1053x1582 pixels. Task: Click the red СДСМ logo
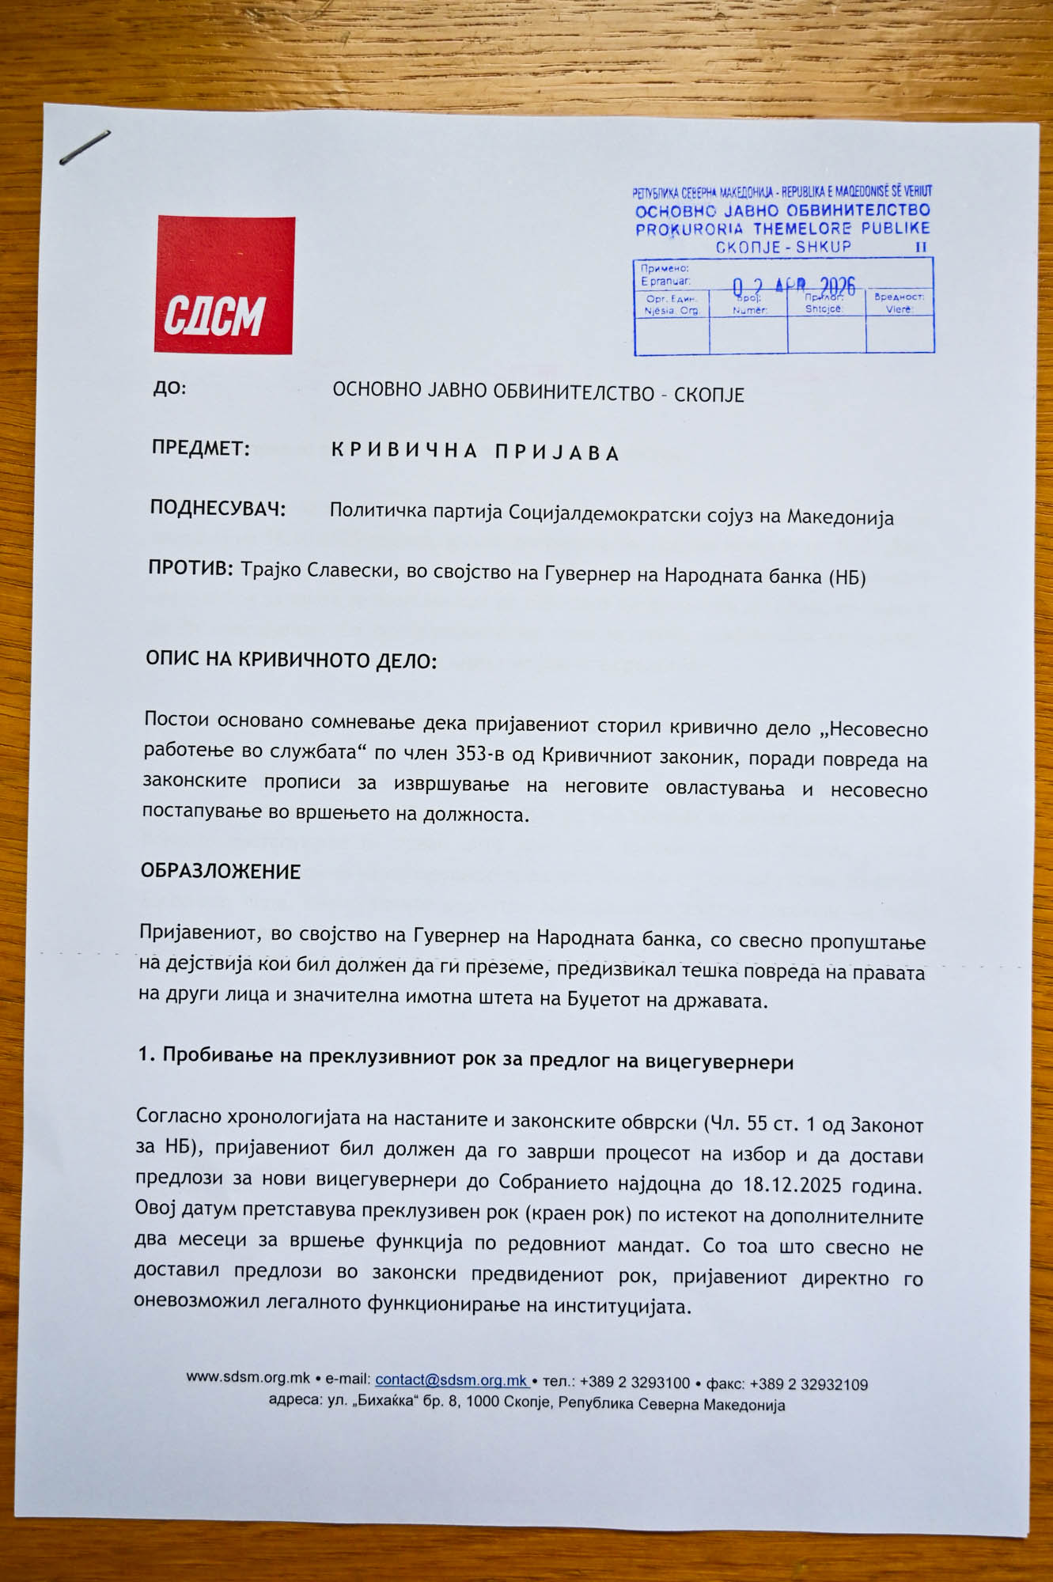tap(225, 285)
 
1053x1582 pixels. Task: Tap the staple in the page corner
tap(85, 148)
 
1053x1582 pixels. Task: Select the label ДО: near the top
tap(169, 388)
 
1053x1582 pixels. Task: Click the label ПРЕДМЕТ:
tap(200, 448)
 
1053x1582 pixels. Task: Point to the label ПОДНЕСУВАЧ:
tap(218, 509)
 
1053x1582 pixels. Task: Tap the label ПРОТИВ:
tap(190, 568)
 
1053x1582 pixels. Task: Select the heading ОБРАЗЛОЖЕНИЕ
tap(221, 872)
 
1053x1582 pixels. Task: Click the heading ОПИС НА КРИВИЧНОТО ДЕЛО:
tap(290, 660)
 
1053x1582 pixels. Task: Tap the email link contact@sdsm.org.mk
tap(452, 1380)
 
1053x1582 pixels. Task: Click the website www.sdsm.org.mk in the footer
tap(248, 1377)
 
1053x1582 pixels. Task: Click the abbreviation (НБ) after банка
tap(847, 577)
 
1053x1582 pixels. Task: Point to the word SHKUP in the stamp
tap(824, 247)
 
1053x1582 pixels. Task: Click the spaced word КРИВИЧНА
tap(404, 451)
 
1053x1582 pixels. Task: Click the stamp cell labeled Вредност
tap(900, 302)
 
